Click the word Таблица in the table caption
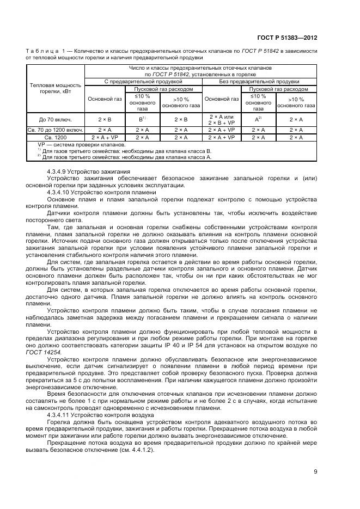click(x=45, y=51)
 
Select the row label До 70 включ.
click(x=55, y=119)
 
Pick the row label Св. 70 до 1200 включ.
click(x=55, y=130)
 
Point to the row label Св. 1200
click(x=55, y=138)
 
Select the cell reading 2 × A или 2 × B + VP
click(x=221, y=119)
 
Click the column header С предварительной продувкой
click(x=143, y=81)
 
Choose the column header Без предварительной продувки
click(x=260, y=81)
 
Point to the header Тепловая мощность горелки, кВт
click(x=55, y=88)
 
